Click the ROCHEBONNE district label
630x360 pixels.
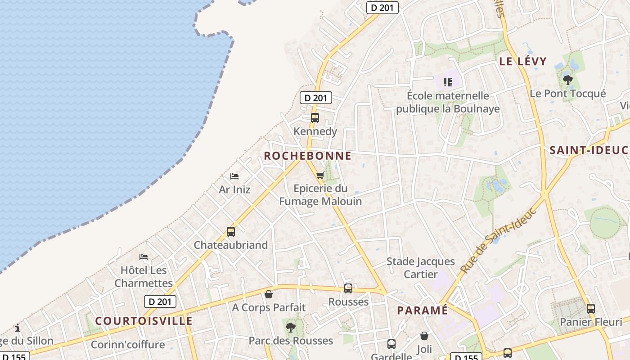pyautogui.click(x=307, y=156)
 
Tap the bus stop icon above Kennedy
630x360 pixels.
pyautogui.click(x=315, y=118)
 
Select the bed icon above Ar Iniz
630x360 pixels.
pyautogui.click(x=234, y=176)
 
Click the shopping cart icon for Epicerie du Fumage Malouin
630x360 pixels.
pyautogui.click(x=320, y=175)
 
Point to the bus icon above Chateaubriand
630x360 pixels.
pyautogui.click(x=231, y=232)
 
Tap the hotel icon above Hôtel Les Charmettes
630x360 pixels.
pyautogui.click(x=144, y=257)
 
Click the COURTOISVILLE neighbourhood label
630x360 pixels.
pyautogui.click(x=144, y=321)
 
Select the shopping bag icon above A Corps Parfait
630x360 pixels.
pyautogui.click(x=269, y=294)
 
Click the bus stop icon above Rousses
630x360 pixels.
pyautogui.click(x=348, y=288)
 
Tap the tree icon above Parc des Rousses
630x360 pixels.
pyautogui.click(x=291, y=327)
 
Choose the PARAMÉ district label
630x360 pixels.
pyautogui.click(x=422, y=310)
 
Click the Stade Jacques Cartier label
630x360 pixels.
pyautogui.click(x=421, y=268)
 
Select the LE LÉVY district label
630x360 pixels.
pyautogui.click(x=523, y=61)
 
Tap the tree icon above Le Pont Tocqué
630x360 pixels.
pyautogui.click(x=568, y=80)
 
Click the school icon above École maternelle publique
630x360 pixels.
pyautogui.click(x=447, y=82)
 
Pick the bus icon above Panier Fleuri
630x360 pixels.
pyautogui.click(x=591, y=309)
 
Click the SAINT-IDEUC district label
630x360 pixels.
pyautogui.click(x=589, y=150)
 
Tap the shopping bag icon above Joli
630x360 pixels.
pyautogui.click(x=424, y=336)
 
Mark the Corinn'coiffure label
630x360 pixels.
pyautogui.click(x=128, y=345)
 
